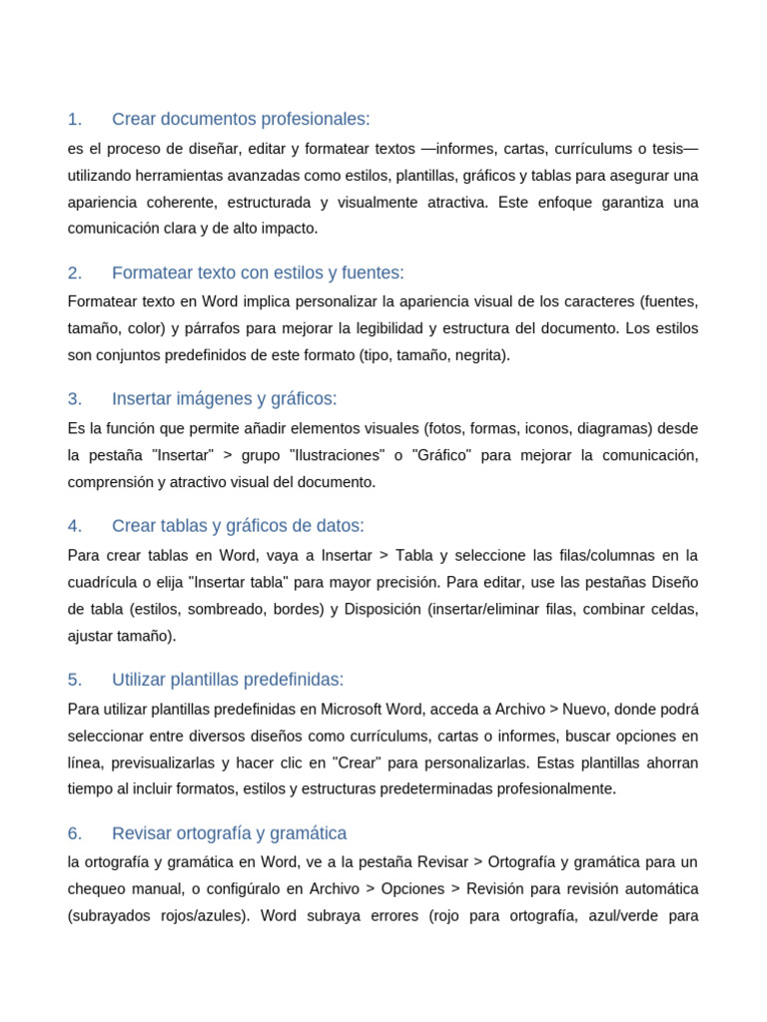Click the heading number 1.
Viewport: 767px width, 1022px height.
74,120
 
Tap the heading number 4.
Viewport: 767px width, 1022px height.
74,526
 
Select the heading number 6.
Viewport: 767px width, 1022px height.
74,833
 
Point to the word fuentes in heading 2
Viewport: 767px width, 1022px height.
373,273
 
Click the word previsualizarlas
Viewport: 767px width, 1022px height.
159,764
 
